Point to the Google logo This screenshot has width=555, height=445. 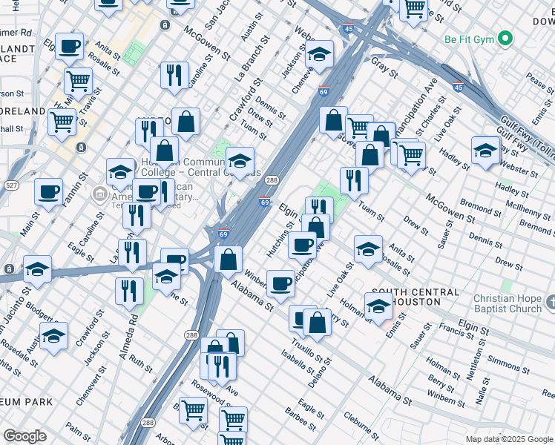click(24, 436)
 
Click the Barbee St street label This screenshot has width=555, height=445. click(301, 420)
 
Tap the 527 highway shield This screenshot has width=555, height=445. click(10, 184)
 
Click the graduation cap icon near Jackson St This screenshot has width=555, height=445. click(319, 54)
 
